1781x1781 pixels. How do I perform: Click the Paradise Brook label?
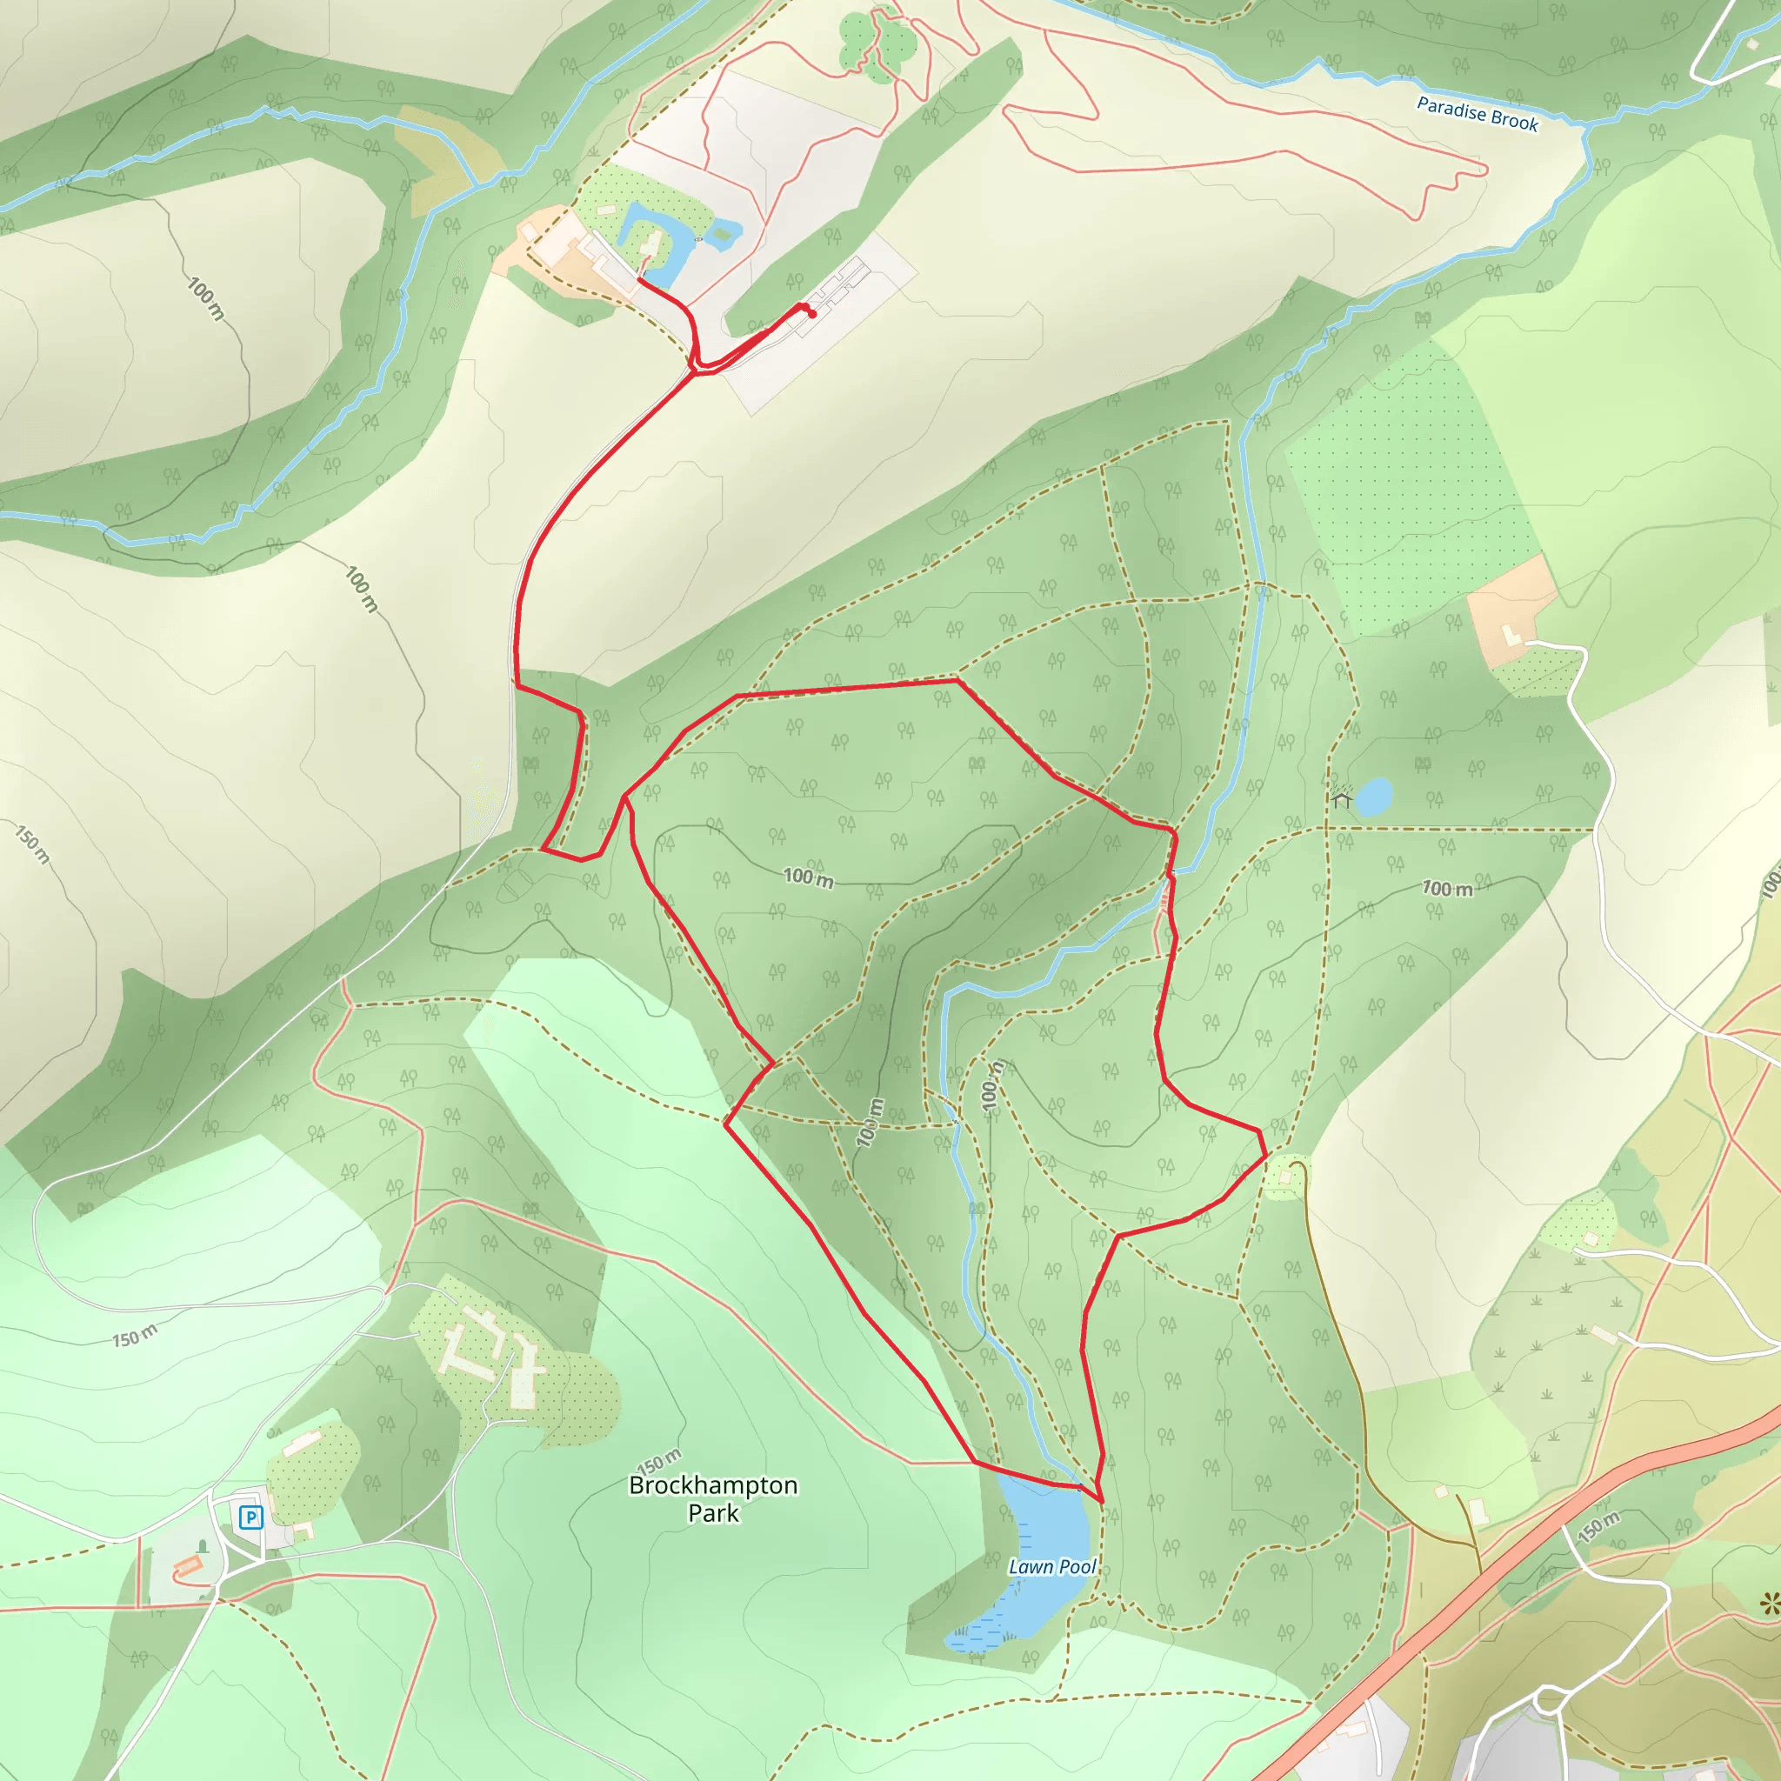click(1477, 114)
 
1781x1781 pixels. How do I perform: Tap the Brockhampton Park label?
click(712, 1498)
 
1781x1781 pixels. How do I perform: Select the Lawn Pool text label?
click(1052, 1566)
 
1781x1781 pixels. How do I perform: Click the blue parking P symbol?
click(250, 1517)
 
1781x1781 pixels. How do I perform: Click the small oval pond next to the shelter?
click(1373, 796)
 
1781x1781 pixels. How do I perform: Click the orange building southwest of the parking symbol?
click(188, 1564)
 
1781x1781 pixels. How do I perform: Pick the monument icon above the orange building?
click(203, 1546)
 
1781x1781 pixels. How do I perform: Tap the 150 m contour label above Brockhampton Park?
click(659, 1461)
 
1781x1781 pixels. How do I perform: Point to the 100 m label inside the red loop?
click(809, 877)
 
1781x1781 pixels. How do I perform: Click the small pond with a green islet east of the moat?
click(724, 230)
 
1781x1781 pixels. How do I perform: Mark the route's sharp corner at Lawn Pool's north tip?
click(1102, 1502)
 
